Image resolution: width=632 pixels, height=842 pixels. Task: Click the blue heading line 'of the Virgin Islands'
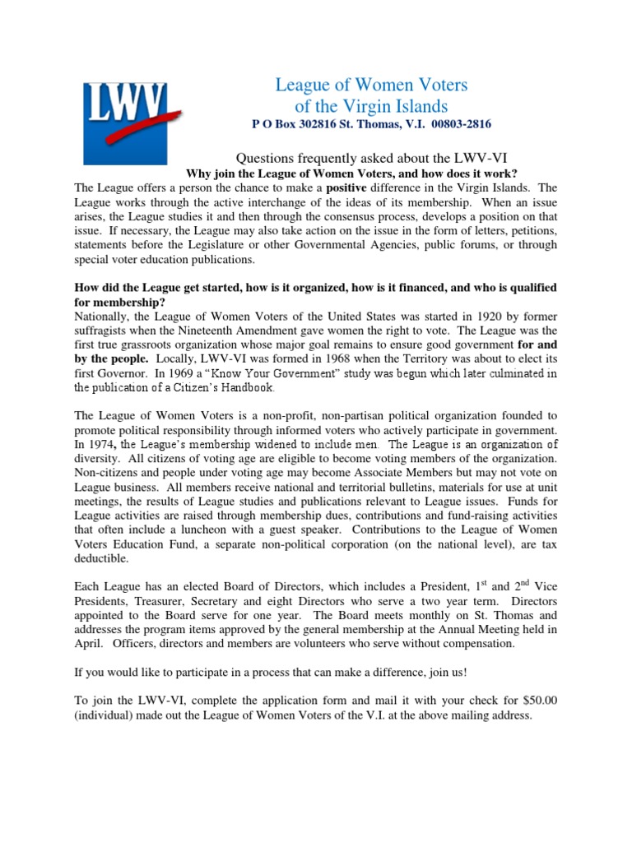(x=371, y=106)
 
